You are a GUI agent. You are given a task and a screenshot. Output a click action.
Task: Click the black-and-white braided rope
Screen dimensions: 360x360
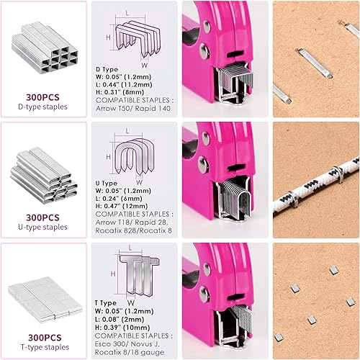point(317,180)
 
